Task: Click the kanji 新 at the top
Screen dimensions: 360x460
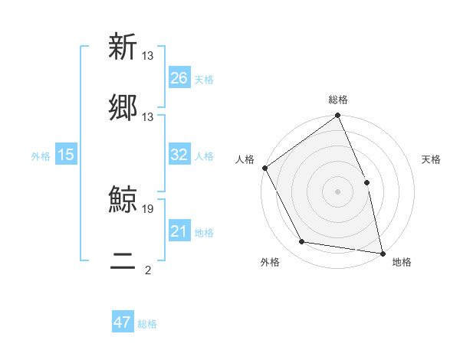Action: click(123, 47)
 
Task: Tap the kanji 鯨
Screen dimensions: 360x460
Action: click(123, 200)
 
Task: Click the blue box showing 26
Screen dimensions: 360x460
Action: click(179, 78)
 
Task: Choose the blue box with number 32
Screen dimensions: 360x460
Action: click(179, 155)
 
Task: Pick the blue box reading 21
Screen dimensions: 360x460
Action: click(179, 231)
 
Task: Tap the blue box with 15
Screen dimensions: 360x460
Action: click(66, 155)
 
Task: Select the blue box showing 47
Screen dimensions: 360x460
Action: click(123, 322)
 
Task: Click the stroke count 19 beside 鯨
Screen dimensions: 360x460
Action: click(148, 208)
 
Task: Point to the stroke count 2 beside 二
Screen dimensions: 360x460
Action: click(148, 270)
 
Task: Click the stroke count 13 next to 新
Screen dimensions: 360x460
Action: click(148, 55)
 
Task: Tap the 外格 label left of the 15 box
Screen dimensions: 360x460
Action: click(41, 155)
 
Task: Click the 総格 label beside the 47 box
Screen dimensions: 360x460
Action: click(147, 324)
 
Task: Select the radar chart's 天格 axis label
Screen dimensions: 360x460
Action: click(431, 159)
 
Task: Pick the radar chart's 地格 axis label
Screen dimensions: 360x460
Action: click(402, 262)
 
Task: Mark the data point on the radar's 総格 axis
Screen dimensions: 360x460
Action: click(337, 116)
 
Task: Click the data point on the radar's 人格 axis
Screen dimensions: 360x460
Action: click(265, 168)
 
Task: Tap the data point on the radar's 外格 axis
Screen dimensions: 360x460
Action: click(301, 242)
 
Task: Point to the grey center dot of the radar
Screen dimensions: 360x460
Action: click(337, 191)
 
